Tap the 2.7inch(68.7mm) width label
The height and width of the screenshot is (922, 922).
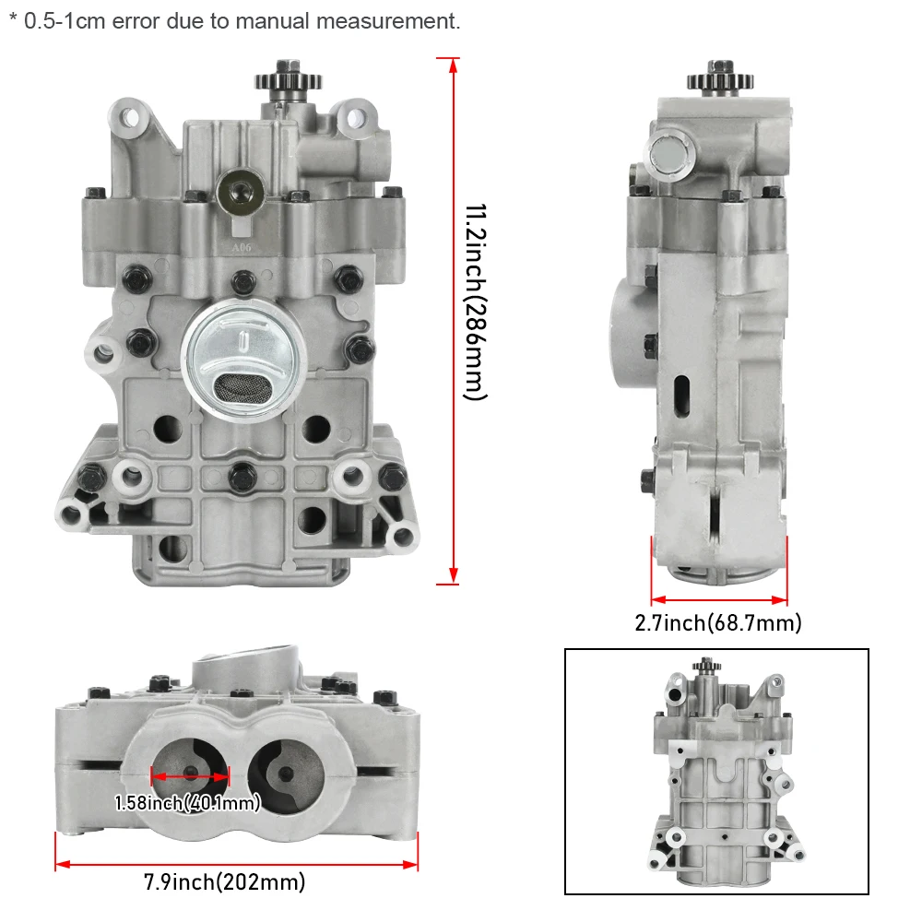[718, 622]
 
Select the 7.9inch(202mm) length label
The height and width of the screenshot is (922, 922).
[224, 882]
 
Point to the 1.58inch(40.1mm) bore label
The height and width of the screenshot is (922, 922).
[188, 803]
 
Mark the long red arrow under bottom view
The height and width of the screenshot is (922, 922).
[237, 864]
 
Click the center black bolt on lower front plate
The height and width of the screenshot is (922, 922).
[242, 475]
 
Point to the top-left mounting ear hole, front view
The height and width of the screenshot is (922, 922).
[128, 117]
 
